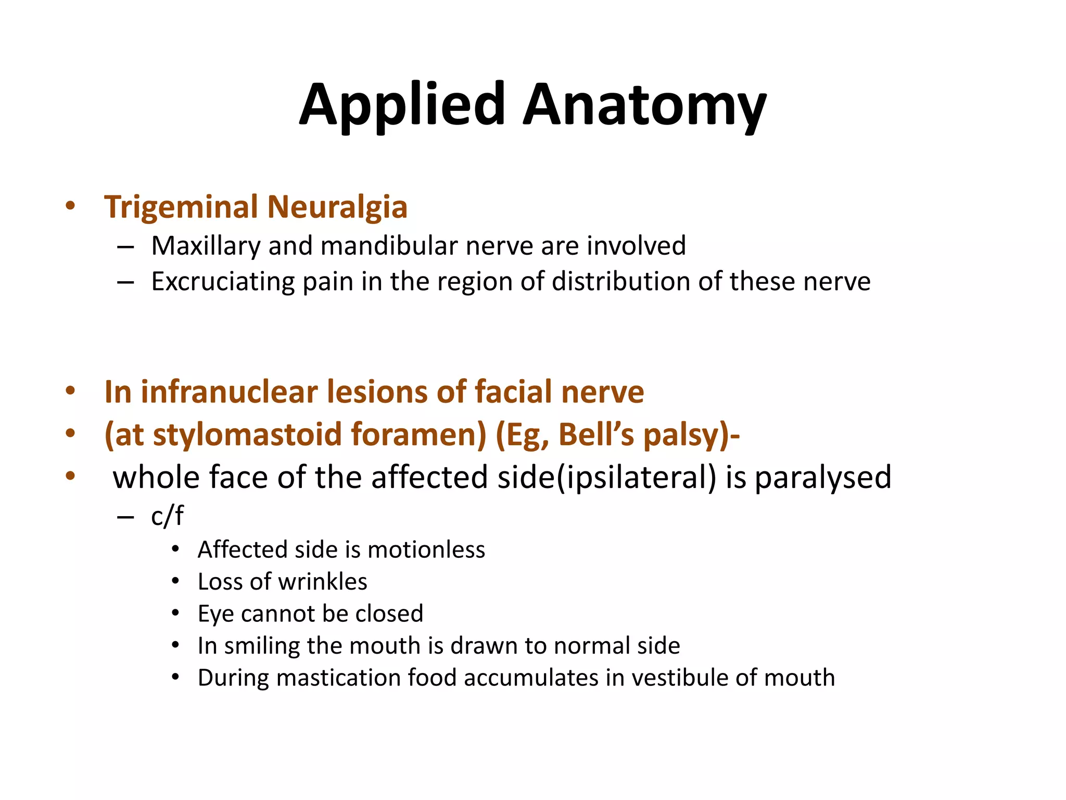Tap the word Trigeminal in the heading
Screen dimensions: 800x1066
[181, 207]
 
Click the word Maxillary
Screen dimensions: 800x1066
[206, 246]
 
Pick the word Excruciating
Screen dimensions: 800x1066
[223, 282]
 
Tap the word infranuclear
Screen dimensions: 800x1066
[229, 392]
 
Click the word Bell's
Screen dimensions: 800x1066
[597, 434]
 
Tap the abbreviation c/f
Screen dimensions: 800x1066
[167, 516]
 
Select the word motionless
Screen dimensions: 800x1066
[426, 550]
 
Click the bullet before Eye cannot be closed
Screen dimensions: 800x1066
[175, 614]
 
